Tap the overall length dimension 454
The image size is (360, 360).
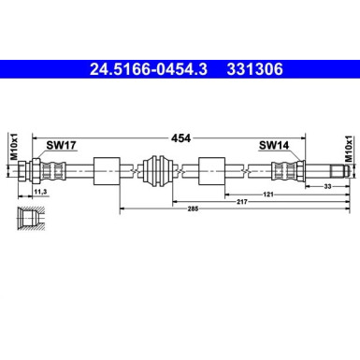point(180,137)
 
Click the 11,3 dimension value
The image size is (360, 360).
point(40,191)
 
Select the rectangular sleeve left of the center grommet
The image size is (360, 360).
point(108,172)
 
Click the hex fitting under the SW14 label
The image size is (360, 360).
point(287,172)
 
